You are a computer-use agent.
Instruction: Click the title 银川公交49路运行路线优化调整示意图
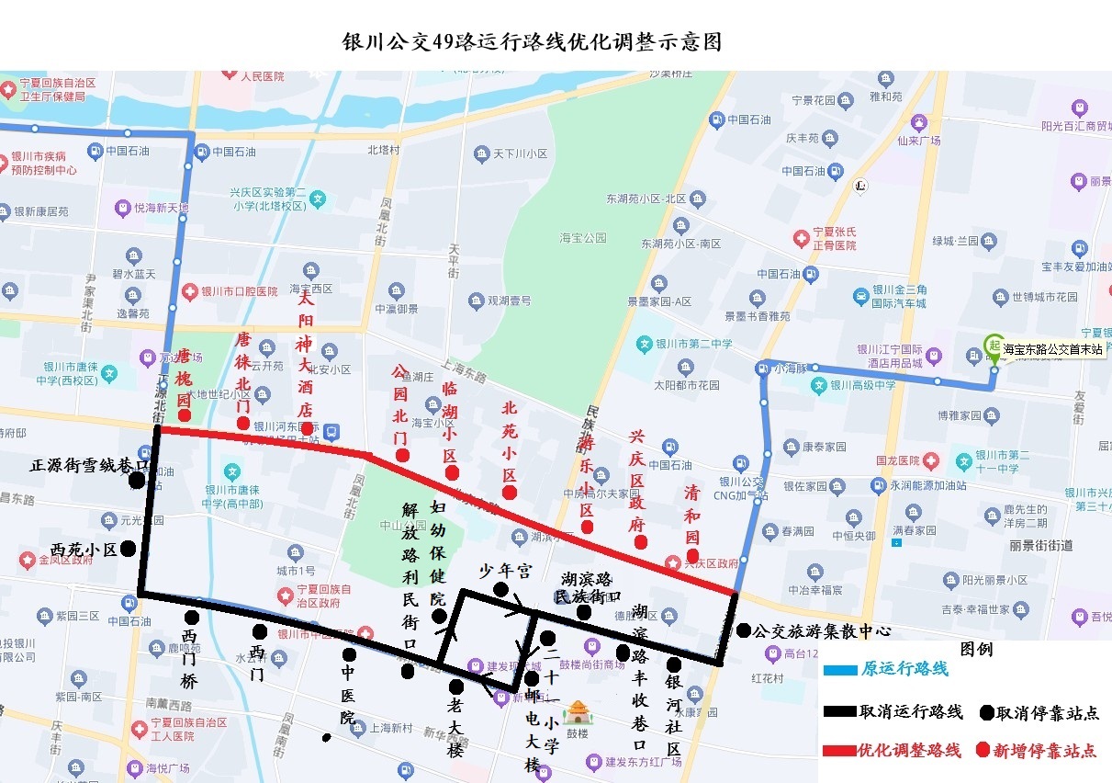coord(531,42)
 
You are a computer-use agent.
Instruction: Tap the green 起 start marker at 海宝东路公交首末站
coord(993,346)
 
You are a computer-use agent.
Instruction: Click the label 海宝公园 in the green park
coord(583,238)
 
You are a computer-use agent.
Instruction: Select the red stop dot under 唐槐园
coord(185,416)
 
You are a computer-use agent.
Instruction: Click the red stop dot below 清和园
coord(693,554)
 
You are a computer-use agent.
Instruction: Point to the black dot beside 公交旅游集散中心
coord(743,630)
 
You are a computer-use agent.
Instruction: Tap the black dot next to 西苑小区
coord(128,549)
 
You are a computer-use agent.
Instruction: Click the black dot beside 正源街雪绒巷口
coord(137,480)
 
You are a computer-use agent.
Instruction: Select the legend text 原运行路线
coord(904,669)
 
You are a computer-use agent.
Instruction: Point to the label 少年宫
coord(505,571)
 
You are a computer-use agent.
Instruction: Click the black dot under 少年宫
coord(500,589)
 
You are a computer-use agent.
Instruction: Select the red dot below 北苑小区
coord(510,493)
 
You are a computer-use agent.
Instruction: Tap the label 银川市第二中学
coord(691,344)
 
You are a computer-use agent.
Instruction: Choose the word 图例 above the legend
coord(976,649)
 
